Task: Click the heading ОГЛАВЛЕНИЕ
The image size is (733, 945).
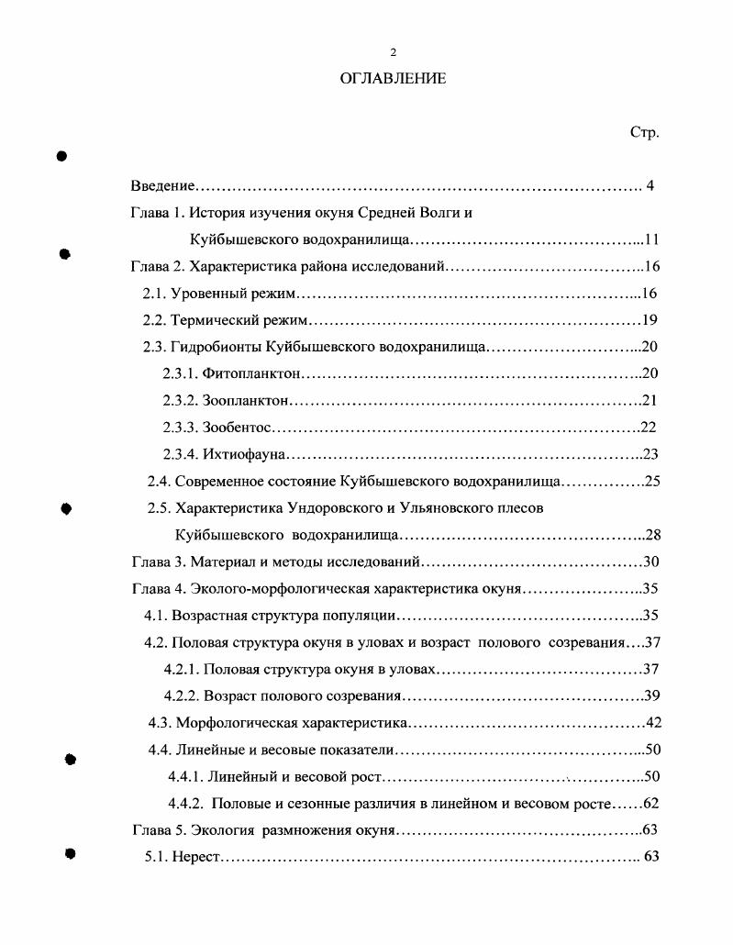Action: [393, 79]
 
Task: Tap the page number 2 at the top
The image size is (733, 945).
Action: [393, 51]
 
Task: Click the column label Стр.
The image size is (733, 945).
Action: [645, 133]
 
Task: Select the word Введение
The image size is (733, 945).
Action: [161, 186]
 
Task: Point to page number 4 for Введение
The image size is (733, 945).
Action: [650, 186]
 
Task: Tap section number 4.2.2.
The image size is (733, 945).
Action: [181, 695]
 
